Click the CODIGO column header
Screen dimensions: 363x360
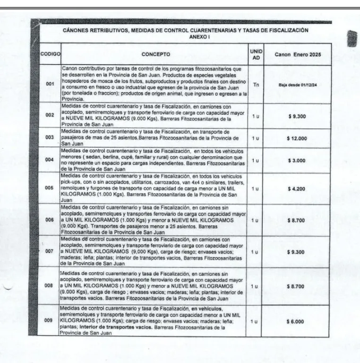[x=50, y=54]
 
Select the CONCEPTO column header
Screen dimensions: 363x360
[x=155, y=54]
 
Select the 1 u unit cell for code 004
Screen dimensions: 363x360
[x=256, y=161]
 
